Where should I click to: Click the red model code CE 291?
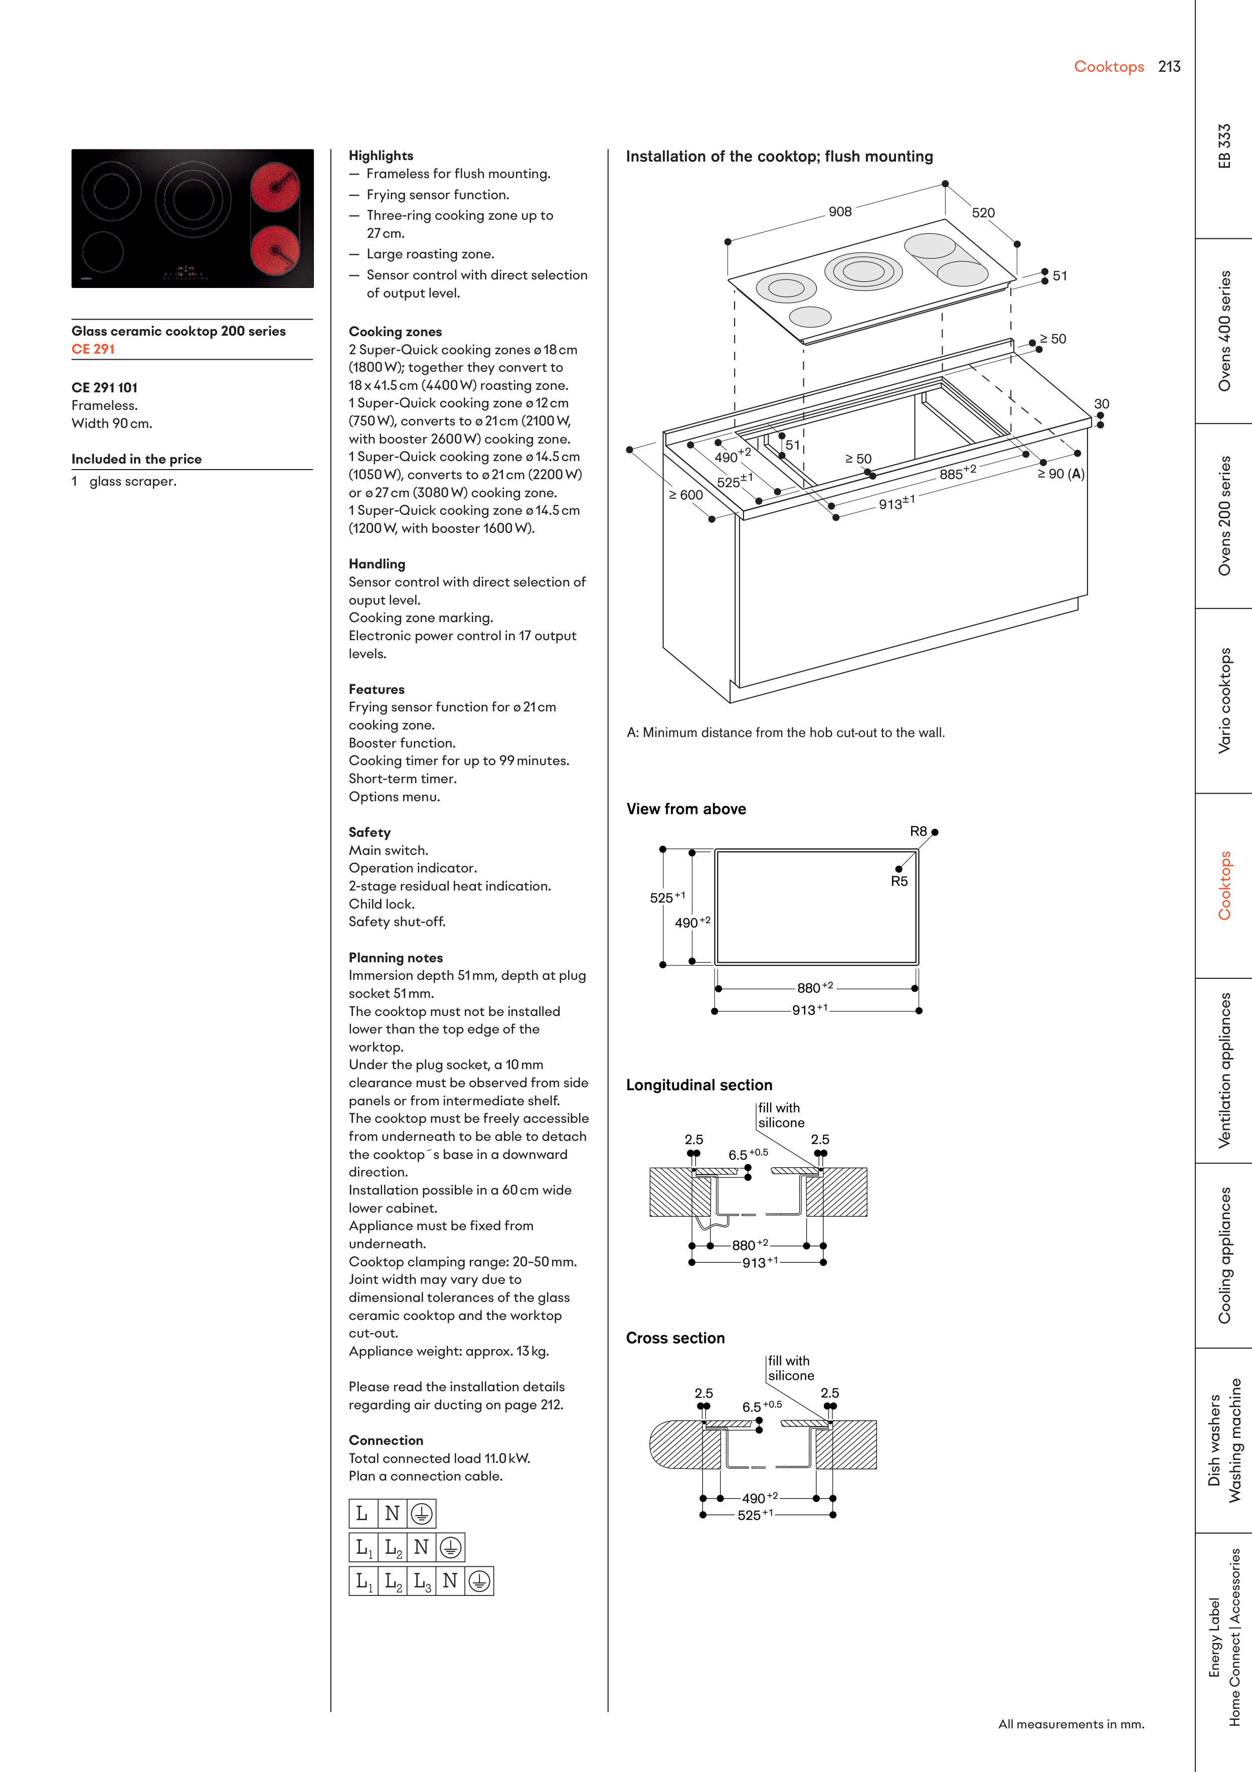pyautogui.click(x=93, y=349)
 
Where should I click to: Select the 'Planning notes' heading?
pyautogui.click(x=396, y=957)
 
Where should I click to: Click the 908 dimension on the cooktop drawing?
pyautogui.click(x=840, y=212)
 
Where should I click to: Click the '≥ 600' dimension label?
pyautogui.click(x=686, y=495)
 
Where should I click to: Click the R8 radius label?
pyautogui.click(x=918, y=831)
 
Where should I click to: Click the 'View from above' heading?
pyautogui.click(x=686, y=809)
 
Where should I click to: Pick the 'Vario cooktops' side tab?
pyautogui.click(x=1224, y=701)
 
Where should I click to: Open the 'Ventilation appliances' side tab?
pyautogui.click(x=1224, y=1071)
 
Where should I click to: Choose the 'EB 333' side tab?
pyautogui.click(x=1224, y=146)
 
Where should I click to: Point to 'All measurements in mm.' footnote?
pyautogui.click(x=1070, y=1723)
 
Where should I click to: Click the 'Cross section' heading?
pyautogui.click(x=675, y=1338)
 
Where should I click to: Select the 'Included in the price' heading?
pyautogui.click(x=136, y=459)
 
